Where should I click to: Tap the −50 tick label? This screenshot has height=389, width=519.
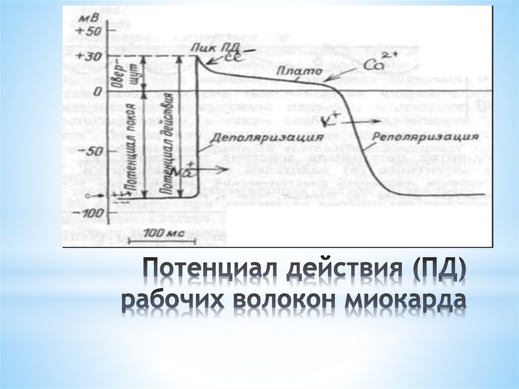(92, 151)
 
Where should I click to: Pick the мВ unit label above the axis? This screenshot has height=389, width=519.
(88, 18)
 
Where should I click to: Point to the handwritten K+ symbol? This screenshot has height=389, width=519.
(331, 122)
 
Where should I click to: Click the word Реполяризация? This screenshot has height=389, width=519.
(425, 137)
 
